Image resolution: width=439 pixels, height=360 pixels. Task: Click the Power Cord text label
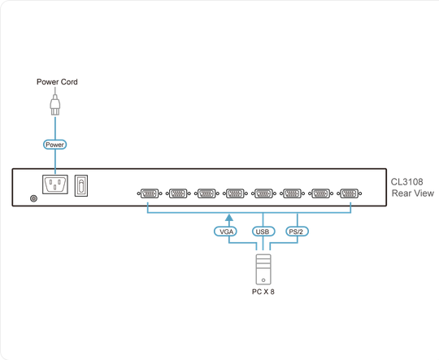pos(57,82)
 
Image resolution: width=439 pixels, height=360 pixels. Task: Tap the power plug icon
pos(55,105)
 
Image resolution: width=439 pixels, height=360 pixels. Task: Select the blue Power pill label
pos(55,145)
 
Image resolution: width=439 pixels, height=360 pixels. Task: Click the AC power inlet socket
pos(55,184)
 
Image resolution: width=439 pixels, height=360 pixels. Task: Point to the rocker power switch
pos(81,185)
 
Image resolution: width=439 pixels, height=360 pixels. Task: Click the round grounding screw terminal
pos(33,198)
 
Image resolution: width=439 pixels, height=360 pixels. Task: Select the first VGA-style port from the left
pos(150,193)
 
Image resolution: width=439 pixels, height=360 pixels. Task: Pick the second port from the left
pos(178,193)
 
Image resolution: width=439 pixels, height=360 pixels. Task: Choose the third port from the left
pos(206,193)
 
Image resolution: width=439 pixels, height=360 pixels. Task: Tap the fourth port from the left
pos(235,193)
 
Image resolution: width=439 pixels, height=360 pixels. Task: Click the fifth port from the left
pos(263,193)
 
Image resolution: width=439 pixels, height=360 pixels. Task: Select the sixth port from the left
pos(293,193)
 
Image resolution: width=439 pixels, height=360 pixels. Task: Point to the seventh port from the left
pos(321,193)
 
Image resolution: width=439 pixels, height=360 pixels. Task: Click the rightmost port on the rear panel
pos(350,193)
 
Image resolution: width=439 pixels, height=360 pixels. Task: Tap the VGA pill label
pos(226,232)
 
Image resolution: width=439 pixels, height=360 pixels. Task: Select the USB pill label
pos(263,232)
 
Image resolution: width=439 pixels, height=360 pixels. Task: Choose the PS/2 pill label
pos(297,232)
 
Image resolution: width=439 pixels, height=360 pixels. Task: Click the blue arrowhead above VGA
pos(229,218)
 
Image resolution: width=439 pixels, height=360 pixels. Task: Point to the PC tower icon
pos(263,269)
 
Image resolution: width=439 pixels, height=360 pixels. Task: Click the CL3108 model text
pos(406,182)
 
